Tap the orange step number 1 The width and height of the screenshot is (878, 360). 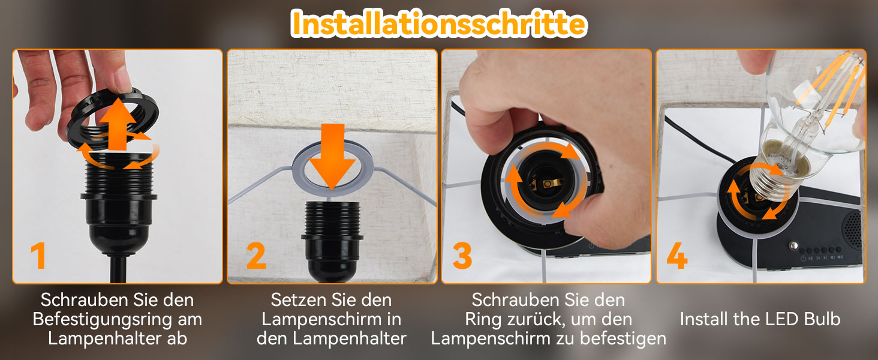coord(39,255)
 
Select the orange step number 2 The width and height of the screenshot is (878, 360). coord(256,255)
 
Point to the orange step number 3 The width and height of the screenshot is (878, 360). coord(462,256)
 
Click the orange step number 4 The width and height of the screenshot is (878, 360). coord(677,256)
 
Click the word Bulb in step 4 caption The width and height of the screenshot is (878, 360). coord(822,319)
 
